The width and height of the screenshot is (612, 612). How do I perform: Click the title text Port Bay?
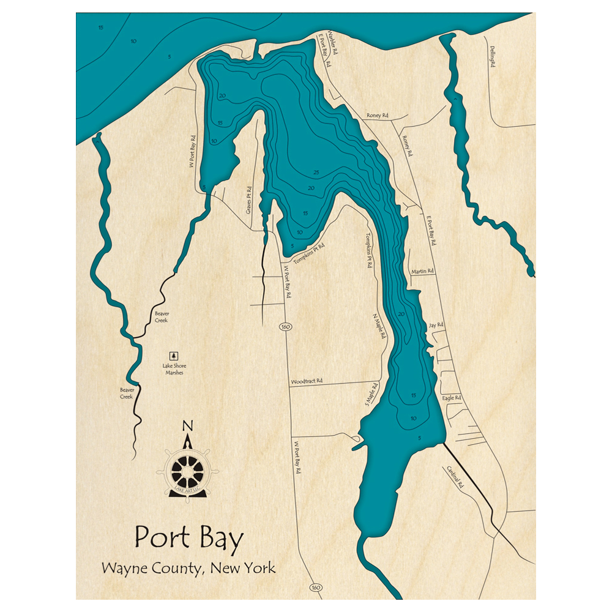[188, 538]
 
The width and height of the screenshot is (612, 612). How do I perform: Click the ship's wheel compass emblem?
[187, 471]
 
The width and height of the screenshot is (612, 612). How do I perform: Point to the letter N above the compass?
[188, 427]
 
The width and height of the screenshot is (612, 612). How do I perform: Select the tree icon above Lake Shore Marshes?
[174, 355]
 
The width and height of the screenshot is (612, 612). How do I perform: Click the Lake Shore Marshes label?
[174, 369]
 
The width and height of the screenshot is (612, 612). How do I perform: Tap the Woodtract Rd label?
[307, 381]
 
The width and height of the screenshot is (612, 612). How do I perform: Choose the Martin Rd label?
[422, 271]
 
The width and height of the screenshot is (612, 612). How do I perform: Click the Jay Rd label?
[436, 325]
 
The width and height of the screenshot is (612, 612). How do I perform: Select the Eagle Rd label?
[451, 398]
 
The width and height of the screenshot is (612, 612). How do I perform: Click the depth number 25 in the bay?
[316, 172]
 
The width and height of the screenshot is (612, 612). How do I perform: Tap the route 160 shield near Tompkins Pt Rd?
[285, 326]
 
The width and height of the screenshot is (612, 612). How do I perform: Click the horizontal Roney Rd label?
[378, 115]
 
